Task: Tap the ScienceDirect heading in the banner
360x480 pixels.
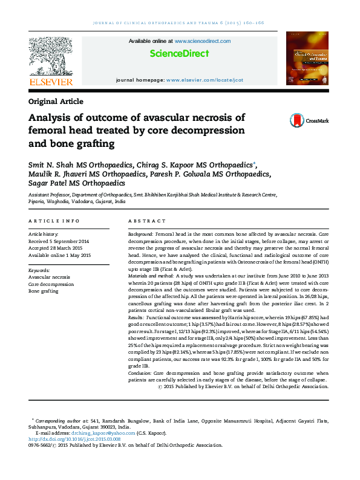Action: [180, 54]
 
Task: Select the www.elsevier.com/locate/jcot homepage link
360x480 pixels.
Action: [205, 80]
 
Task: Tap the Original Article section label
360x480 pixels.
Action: [56, 102]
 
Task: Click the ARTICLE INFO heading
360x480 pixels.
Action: [54, 221]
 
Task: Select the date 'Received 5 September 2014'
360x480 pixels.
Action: [59, 241]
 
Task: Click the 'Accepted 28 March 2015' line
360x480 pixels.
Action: [55, 248]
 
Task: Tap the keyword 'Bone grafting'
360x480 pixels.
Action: [44, 291]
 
